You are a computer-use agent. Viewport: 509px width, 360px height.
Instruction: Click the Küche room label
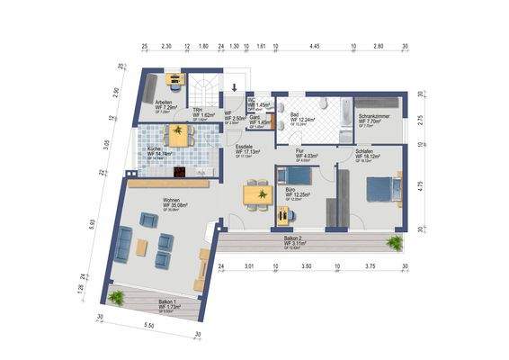point(152,149)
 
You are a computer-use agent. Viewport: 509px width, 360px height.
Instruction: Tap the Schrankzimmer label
point(374,117)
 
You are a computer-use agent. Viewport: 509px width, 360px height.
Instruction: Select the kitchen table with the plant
point(181,136)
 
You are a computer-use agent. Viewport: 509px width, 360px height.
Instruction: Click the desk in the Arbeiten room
point(177,83)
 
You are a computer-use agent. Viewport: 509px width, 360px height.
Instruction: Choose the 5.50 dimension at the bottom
point(148,325)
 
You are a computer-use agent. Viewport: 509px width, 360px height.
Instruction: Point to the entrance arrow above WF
point(235,87)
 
